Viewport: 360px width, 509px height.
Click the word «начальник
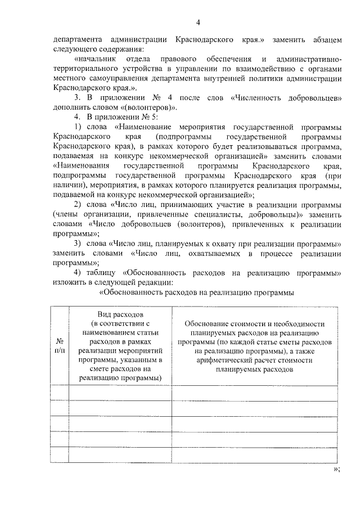(x=96, y=60)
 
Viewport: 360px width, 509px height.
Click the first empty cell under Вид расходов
(x=120, y=392)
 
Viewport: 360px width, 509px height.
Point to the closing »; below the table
(x=336, y=469)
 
